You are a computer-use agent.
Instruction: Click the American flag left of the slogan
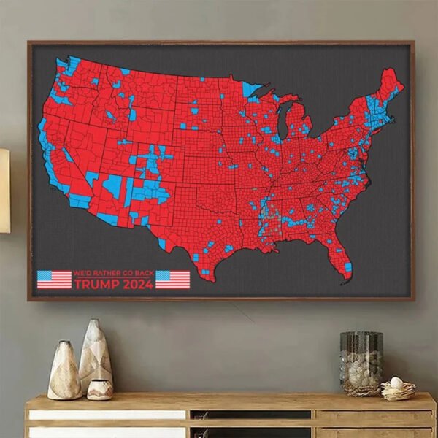[x=54, y=280]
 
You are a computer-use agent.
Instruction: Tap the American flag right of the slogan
[x=172, y=280]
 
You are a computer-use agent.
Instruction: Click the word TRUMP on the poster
[x=96, y=285]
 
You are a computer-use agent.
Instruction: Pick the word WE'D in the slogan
[x=82, y=273]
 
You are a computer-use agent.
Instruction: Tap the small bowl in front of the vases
[x=99, y=390]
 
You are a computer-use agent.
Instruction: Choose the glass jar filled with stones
[x=361, y=363]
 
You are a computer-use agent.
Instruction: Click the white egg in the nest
[x=396, y=382]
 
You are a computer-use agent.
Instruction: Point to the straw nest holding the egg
[x=398, y=391]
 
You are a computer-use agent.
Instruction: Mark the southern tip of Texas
[x=205, y=275]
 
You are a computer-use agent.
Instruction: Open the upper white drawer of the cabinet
[x=107, y=415]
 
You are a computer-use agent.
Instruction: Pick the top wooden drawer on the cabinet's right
[x=375, y=415]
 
